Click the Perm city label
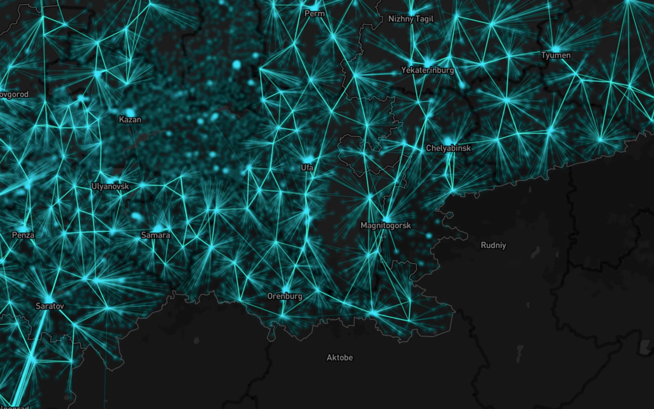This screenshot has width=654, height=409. (314, 13)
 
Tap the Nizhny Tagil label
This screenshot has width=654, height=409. (411, 19)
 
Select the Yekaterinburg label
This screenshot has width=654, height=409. (427, 70)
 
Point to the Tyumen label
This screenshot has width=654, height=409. (556, 55)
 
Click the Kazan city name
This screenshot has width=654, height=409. (130, 120)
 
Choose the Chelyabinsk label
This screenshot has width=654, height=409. (448, 148)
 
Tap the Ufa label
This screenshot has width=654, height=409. (307, 168)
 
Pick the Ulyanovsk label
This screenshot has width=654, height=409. (110, 186)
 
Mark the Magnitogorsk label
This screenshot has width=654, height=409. (385, 226)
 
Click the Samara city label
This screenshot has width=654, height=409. (156, 235)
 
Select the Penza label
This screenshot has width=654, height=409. (23, 235)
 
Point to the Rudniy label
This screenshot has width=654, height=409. (493, 245)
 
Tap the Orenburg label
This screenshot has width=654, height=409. (285, 296)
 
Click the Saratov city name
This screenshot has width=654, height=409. (50, 306)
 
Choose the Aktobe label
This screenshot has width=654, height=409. (339, 357)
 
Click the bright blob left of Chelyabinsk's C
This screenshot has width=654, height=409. (448, 141)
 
